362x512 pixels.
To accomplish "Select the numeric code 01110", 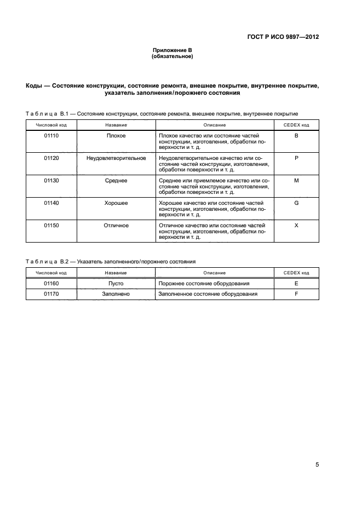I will (51, 135).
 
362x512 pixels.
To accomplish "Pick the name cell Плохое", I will (116, 135).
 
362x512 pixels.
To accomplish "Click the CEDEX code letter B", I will (296, 135).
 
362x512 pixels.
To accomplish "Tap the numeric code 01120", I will (51, 158).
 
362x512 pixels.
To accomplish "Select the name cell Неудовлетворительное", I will (116, 158).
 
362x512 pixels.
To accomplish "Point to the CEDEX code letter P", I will (296, 158).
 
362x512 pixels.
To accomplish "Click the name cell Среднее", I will (116, 180).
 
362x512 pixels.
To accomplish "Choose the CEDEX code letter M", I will (296, 180).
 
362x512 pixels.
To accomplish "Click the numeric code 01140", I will (51, 203).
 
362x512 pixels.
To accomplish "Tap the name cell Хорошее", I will (116, 203).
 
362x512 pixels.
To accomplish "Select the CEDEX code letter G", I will (296, 203).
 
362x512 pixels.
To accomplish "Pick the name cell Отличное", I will (116, 225).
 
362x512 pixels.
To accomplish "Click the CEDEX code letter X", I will (296, 225).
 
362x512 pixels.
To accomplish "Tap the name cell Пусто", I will (116, 284).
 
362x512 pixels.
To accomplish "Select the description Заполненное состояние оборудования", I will (208, 294).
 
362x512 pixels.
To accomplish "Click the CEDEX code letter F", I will (296, 294).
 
